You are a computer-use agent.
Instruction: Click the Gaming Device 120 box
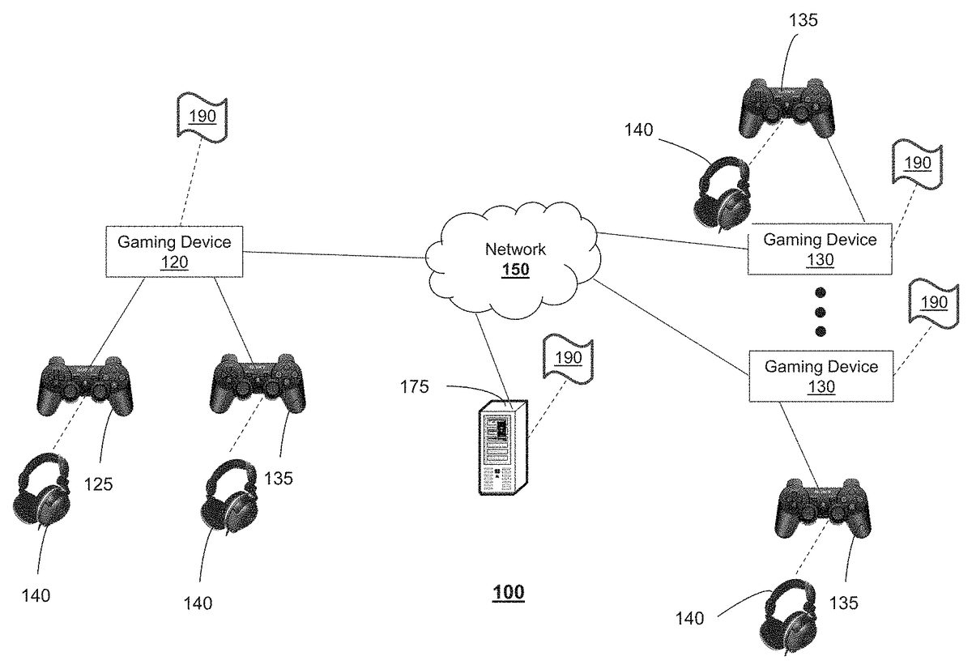point(175,251)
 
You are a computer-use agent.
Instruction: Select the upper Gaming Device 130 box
point(820,249)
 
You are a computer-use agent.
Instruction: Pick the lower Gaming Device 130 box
point(821,377)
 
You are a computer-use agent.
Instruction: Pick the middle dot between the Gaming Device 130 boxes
point(820,312)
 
